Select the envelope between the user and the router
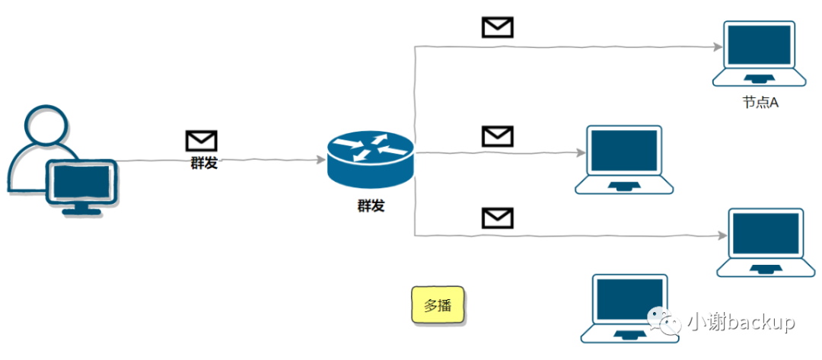202,141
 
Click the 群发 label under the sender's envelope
204,162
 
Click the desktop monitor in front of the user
81,183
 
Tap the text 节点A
760,102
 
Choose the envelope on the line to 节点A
498,27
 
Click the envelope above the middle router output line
498,136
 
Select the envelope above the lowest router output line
498,218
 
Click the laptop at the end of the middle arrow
624,159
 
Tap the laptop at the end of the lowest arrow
766,242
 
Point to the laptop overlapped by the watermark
629,308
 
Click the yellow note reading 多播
438,306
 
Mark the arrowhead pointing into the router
320,160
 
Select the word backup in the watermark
760,322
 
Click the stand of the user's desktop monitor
81,209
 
